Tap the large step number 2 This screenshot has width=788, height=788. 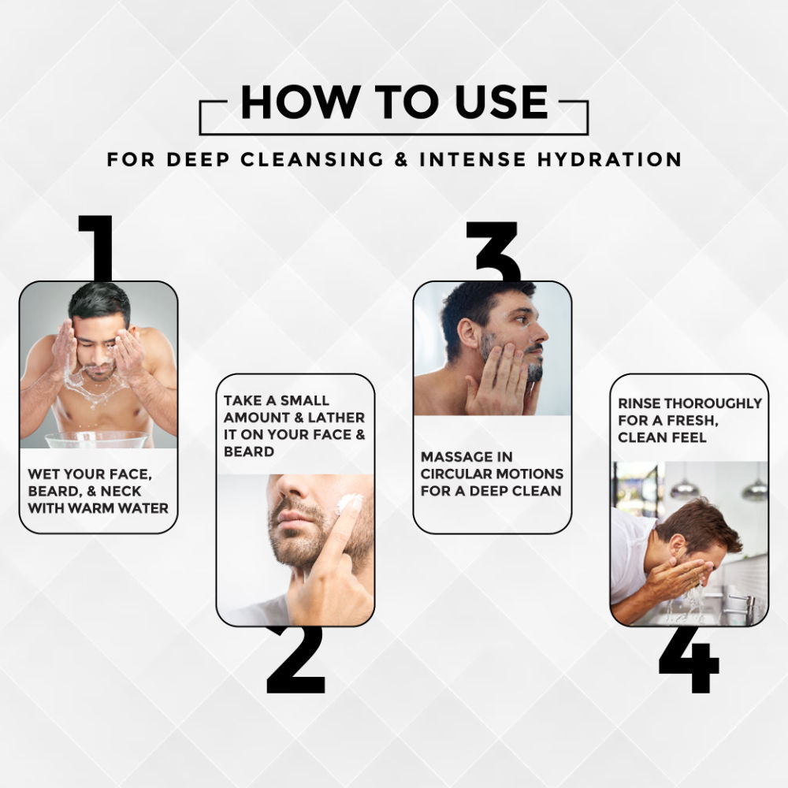pos(296,660)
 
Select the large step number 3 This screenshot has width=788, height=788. pos(493,251)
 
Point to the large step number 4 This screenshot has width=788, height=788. pos(689,660)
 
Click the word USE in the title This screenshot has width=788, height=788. pos(501,102)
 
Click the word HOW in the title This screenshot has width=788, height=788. pos(300,102)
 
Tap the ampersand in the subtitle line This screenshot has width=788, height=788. pos(401,159)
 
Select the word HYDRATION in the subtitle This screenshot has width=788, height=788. pos(609,159)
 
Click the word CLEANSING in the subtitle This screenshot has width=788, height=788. pos(312,159)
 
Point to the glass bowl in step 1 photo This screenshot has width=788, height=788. pos(97,440)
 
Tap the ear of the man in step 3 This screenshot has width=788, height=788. pos(468,333)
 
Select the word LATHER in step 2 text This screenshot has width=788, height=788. pos(336,418)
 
